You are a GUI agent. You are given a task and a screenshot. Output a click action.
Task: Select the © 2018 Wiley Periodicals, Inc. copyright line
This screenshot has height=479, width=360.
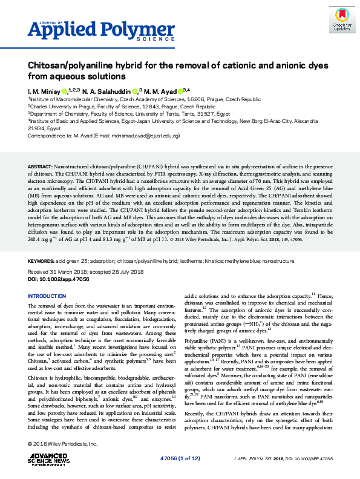coord(64,444)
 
